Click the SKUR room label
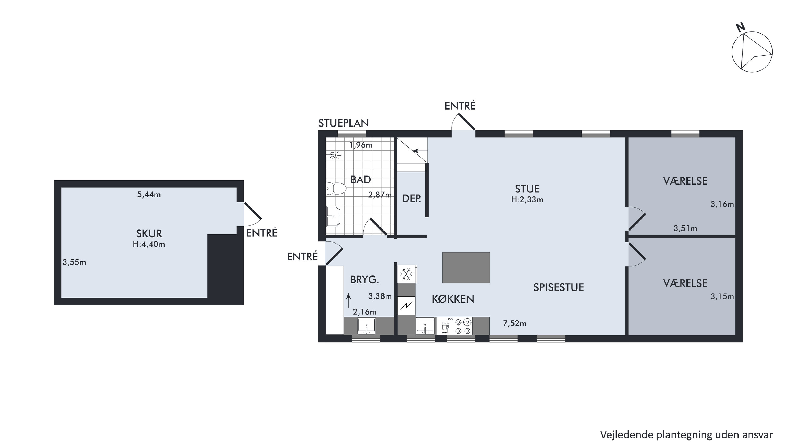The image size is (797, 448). coord(149,233)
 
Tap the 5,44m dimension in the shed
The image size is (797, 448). coord(149,195)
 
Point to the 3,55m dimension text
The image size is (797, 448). coord(74,262)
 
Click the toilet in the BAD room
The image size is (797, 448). coord(336,188)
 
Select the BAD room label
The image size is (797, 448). coord(360,179)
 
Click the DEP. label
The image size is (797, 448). coord(411,198)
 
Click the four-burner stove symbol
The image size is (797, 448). coord(463,326)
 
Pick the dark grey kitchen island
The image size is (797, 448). coord(466,267)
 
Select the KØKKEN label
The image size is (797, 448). coord(453,299)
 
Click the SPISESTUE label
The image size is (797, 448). coord(558,287)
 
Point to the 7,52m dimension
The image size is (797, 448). coord(515,324)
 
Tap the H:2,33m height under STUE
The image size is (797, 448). coord(527,200)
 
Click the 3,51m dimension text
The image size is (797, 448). coord(685,228)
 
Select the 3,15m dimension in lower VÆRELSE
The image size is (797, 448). coord(722,297)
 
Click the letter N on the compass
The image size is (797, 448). coord(740,28)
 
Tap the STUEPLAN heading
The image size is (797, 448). coord(343,123)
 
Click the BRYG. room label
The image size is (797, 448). coord(364,280)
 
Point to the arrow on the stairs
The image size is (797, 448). coord(420,151)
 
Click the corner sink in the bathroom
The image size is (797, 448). coord(333,216)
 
